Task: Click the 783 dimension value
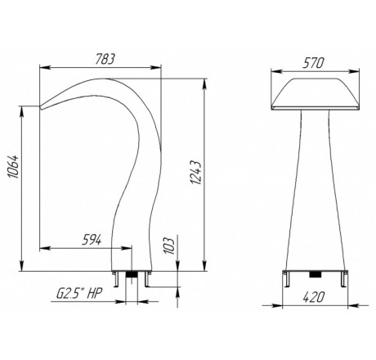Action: tap(105, 59)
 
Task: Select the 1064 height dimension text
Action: tap(13, 167)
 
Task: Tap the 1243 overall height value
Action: tap(196, 173)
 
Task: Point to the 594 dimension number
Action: tap(92, 240)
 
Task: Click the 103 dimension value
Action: tap(169, 245)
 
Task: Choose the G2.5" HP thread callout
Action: tap(79, 294)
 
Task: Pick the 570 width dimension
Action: tap(314, 63)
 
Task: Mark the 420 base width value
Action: tap(314, 297)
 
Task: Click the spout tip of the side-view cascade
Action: tap(41, 107)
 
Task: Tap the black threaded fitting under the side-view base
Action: tap(132, 274)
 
